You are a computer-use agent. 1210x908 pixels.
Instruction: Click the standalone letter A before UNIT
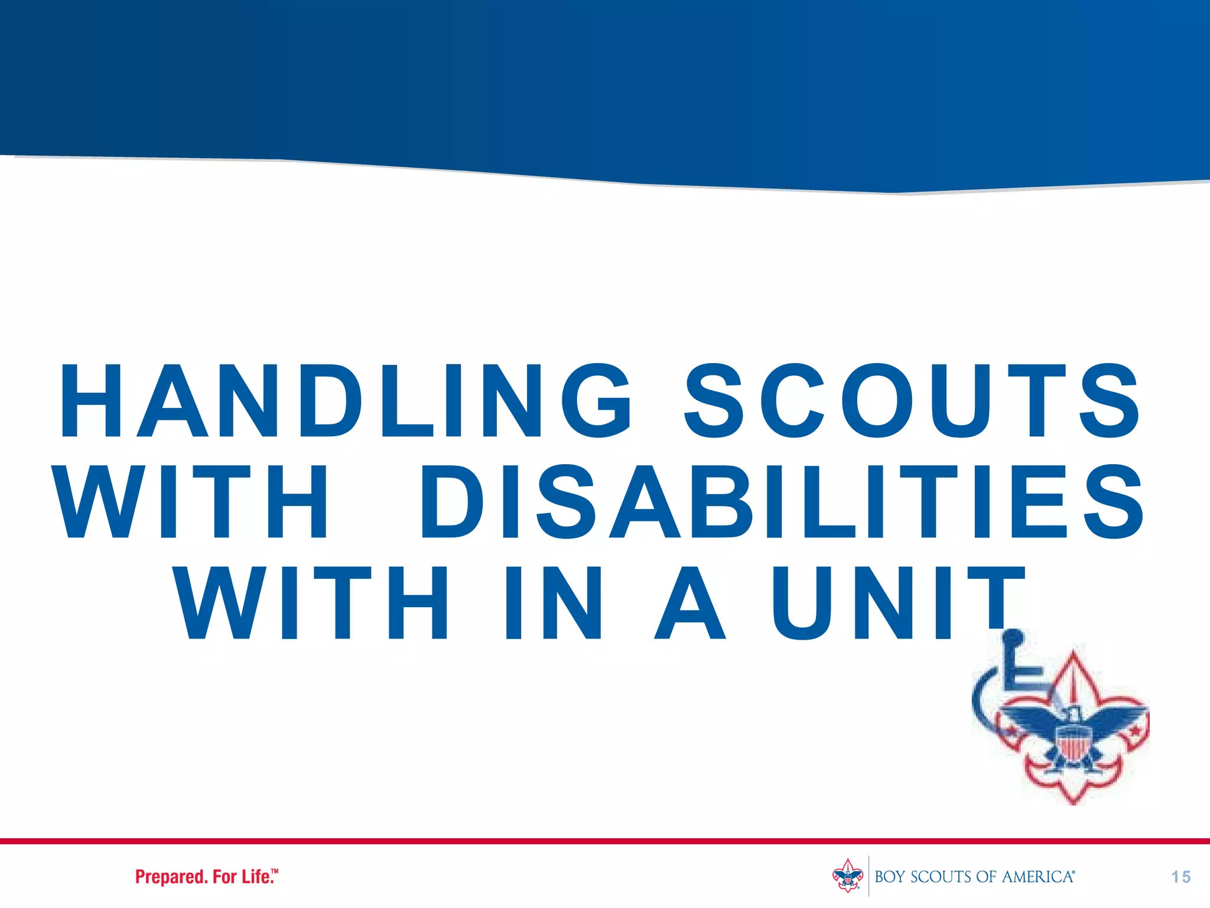pyautogui.click(x=689, y=603)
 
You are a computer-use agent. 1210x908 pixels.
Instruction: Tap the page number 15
pyautogui.click(x=1181, y=877)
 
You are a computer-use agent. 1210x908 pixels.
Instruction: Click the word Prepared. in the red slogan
pyautogui.click(x=172, y=877)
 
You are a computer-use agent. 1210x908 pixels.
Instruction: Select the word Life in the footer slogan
pyautogui.click(x=255, y=877)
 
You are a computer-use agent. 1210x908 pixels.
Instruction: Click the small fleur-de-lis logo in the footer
pyautogui.click(x=848, y=875)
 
